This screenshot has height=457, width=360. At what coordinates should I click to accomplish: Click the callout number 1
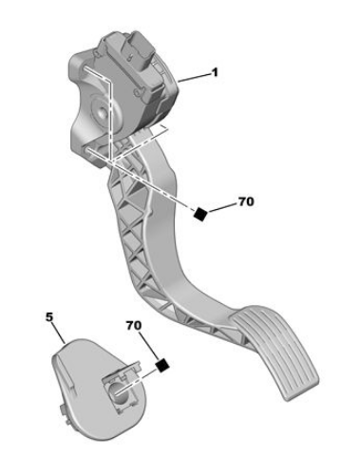point(215,72)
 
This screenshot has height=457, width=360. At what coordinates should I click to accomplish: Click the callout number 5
point(49,317)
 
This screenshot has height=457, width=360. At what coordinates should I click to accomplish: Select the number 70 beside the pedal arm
point(246,201)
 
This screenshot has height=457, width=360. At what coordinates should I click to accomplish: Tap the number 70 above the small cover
point(134,325)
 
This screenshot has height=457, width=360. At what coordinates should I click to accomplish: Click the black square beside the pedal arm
point(200,214)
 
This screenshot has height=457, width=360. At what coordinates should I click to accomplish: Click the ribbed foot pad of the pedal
point(276,352)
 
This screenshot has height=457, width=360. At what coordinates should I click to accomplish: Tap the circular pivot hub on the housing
point(102,113)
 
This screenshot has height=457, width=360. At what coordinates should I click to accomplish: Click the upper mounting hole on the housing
point(85,69)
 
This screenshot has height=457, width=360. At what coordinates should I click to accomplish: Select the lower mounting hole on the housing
point(87,149)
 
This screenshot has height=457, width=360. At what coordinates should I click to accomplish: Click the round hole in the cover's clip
point(119,392)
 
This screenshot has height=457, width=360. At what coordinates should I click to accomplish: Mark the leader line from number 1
point(195,77)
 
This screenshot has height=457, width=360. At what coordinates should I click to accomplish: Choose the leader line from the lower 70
point(149,346)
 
